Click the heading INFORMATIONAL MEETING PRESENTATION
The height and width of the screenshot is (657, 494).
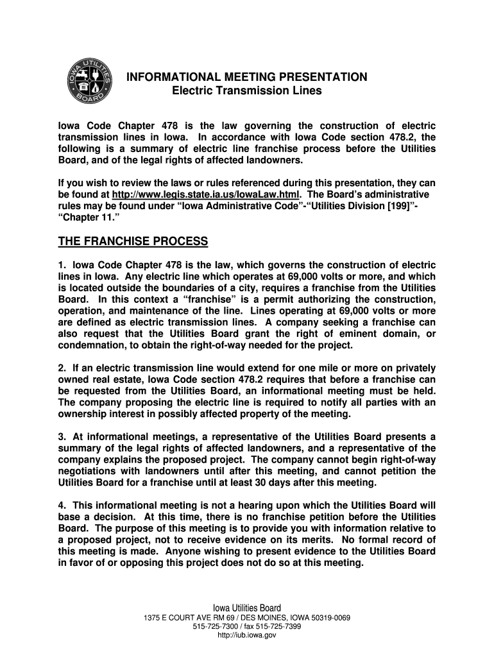pyautogui.click(x=246, y=78)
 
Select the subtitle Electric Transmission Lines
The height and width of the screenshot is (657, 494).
pyautogui.click(x=247, y=91)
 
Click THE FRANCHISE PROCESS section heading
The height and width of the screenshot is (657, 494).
pyautogui.click(x=133, y=241)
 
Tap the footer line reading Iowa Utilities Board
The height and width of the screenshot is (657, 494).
pyautogui.click(x=247, y=608)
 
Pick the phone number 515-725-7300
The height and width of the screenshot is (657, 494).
pyautogui.click(x=215, y=626)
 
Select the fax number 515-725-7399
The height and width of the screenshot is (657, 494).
pyautogui.click(x=277, y=626)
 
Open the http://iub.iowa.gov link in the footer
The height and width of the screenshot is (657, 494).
pyautogui.click(x=247, y=635)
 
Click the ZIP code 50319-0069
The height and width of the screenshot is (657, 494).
pyautogui.click(x=327, y=618)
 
